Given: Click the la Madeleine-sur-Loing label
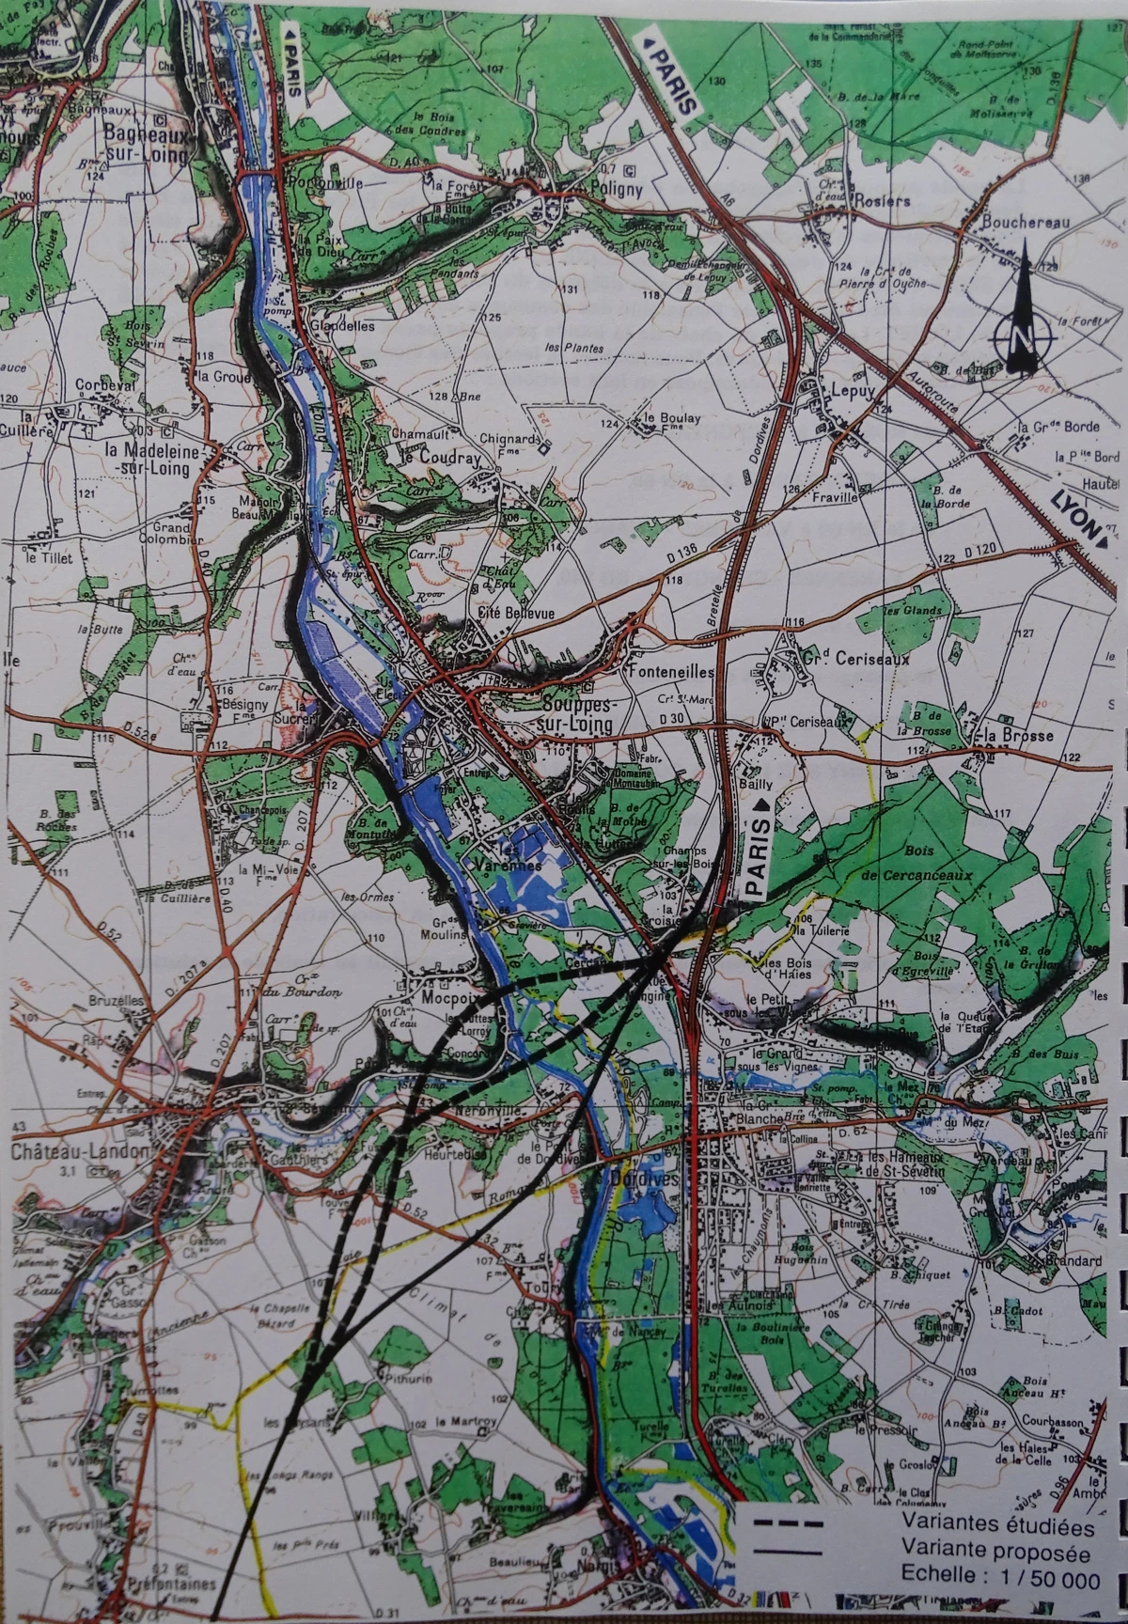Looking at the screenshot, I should click(x=164, y=456).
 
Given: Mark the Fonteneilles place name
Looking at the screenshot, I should click(x=670, y=673).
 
